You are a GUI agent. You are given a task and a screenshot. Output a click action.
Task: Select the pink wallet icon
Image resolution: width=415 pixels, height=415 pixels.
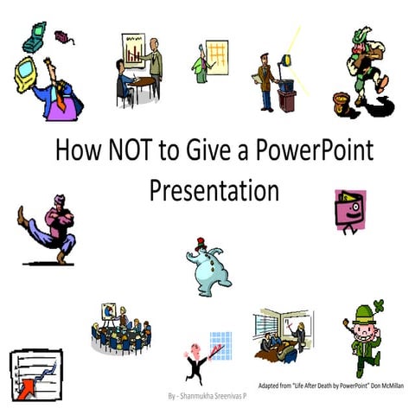pos(348,211)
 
